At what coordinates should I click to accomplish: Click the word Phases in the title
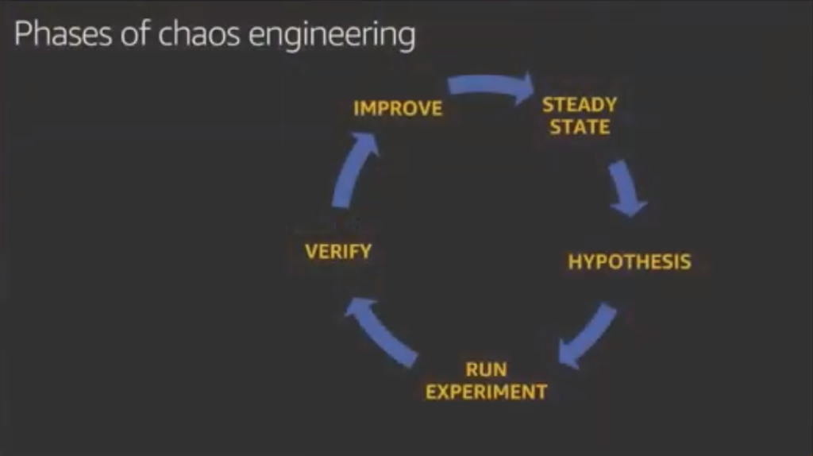tap(63, 34)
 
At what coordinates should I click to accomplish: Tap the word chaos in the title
tap(198, 34)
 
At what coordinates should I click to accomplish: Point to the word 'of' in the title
tap(135, 33)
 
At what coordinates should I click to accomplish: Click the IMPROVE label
tap(398, 108)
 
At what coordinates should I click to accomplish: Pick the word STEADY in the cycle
tap(580, 105)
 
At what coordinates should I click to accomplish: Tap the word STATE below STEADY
tap(580, 127)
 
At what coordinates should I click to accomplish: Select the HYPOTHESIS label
tap(630, 261)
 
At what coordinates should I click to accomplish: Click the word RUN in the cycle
tap(487, 369)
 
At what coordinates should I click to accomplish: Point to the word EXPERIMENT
tap(487, 392)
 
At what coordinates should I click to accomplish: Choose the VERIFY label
tap(338, 252)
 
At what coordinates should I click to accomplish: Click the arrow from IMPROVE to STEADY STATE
tap(490, 84)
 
